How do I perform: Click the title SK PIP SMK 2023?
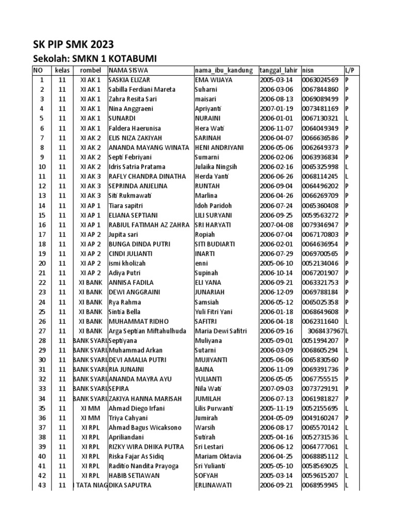[x=73, y=44]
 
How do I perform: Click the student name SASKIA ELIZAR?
[x=129, y=80]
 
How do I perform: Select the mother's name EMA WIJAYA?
[x=213, y=80]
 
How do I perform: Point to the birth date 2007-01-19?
[x=276, y=109]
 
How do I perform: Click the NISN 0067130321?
[x=320, y=119]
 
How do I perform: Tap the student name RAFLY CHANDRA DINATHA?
[x=147, y=176]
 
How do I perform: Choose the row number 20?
[x=42, y=263]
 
